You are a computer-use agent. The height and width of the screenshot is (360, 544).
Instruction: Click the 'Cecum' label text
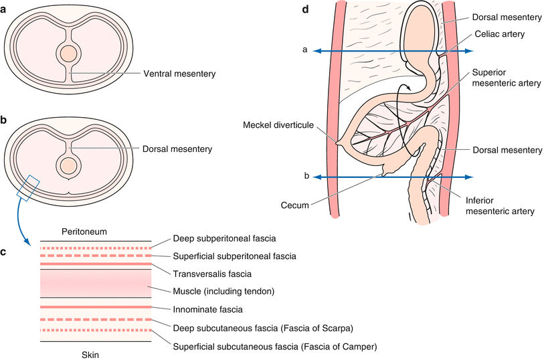[295, 206]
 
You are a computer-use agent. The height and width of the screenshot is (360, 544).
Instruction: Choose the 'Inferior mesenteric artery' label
[500, 204]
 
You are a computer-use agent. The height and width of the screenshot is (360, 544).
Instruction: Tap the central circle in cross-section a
[67, 54]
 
